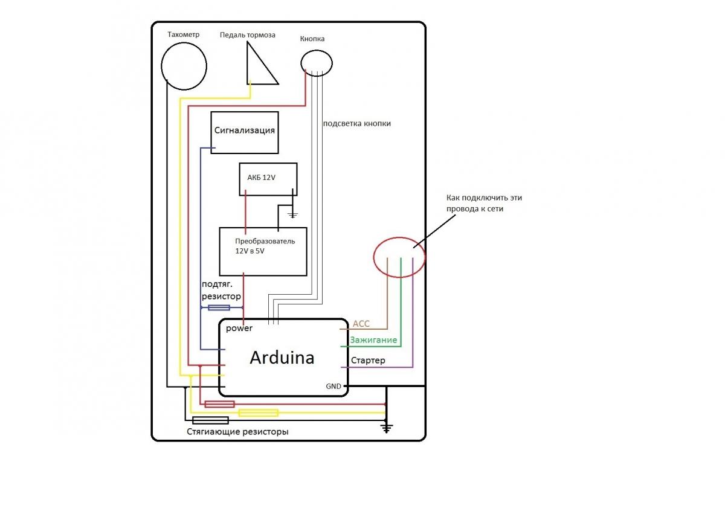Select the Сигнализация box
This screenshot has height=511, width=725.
pyautogui.click(x=245, y=132)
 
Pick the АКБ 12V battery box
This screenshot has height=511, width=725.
pyautogui.click(x=268, y=179)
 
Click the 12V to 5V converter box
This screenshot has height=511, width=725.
pyautogui.click(x=263, y=251)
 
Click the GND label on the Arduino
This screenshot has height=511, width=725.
pyautogui.click(x=333, y=386)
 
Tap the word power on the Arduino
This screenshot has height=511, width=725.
pyautogui.click(x=239, y=329)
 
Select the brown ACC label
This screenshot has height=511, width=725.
pyautogui.click(x=361, y=324)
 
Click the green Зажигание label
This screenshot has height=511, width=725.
pyautogui.click(x=373, y=340)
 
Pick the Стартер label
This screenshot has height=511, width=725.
pyautogui.click(x=368, y=361)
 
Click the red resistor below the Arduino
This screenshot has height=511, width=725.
pyautogui.click(x=219, y=404)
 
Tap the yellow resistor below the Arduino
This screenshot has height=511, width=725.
pyautogui.click(x=258, y=413)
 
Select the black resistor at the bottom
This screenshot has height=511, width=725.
pyautogui.click(x=210, y=420)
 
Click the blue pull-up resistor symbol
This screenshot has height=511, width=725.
pyautogui.click(x=218, y=308)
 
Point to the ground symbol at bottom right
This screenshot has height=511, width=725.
pyautogui.click(x=386, y=428)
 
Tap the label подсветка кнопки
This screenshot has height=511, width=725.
pyautogui.click(x=357, y=123)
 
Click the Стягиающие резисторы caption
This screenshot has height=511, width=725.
pyautogui.click(x=237, y=432)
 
